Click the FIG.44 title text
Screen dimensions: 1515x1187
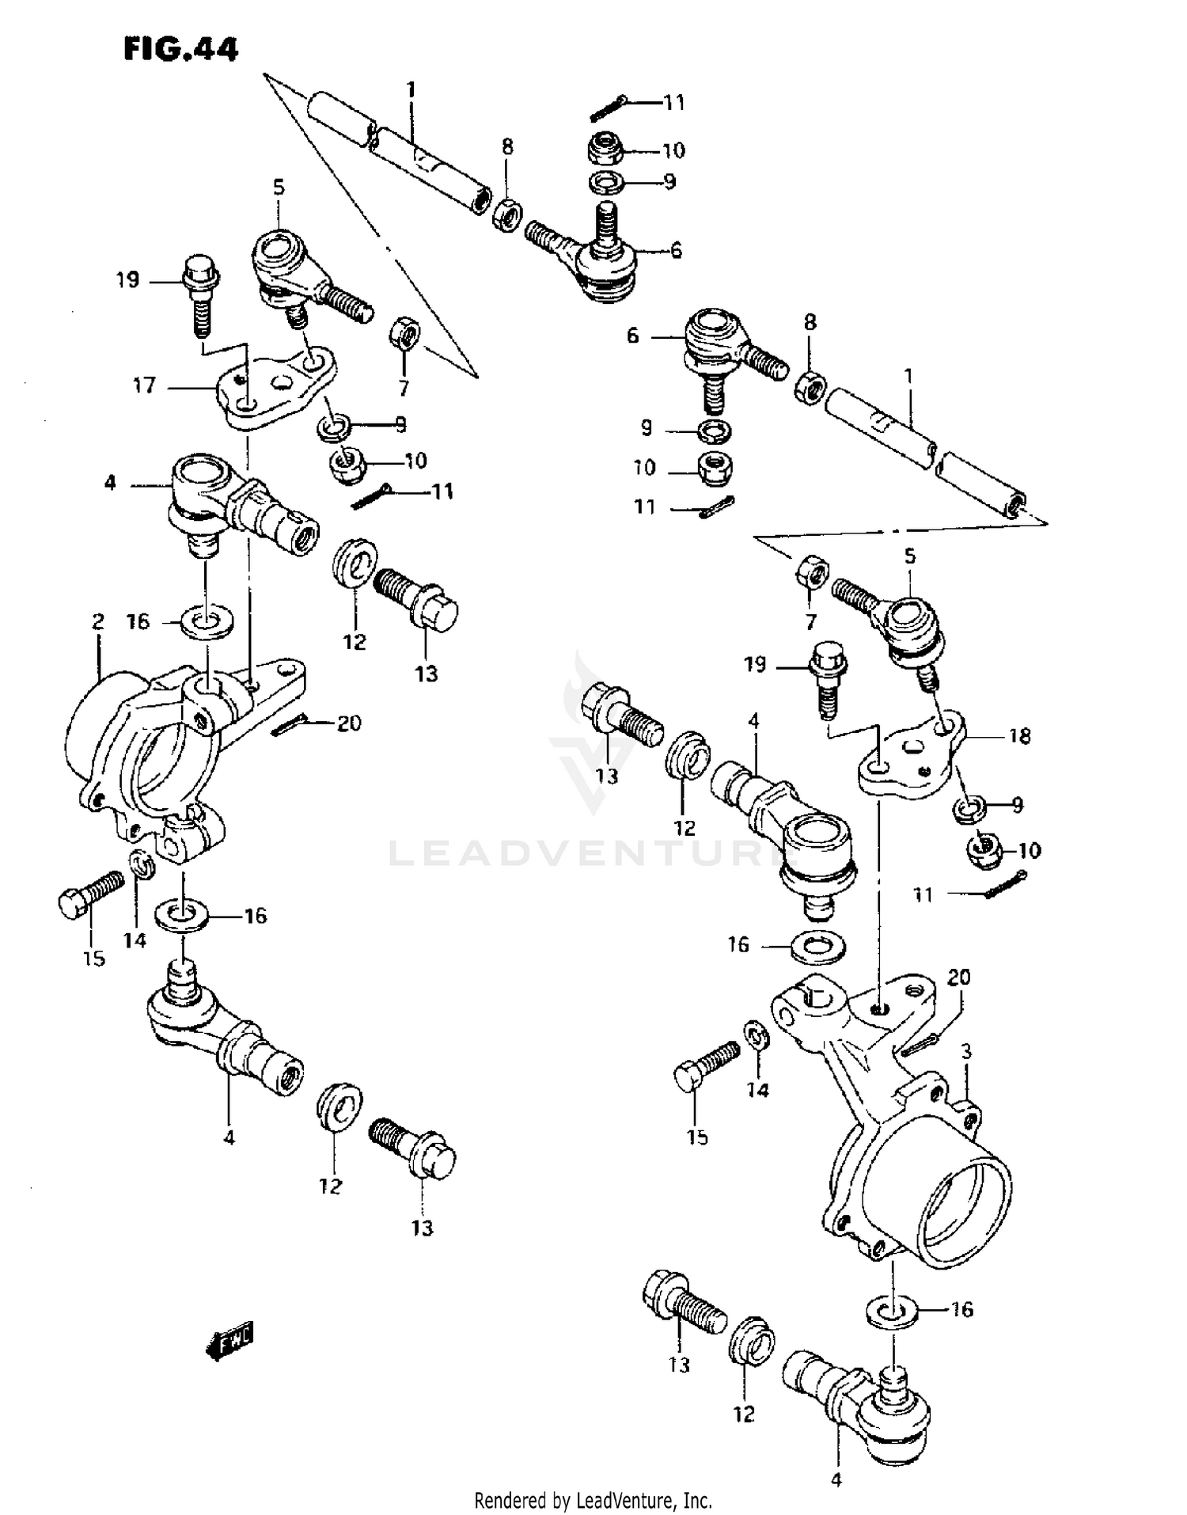180,49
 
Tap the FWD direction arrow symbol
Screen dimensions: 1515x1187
229,1338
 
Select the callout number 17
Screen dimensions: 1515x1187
144,386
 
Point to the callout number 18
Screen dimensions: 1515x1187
1019,736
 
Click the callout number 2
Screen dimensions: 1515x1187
97,621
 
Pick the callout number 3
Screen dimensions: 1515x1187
965,1051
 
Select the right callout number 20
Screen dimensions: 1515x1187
958,978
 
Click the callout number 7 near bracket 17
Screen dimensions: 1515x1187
404,388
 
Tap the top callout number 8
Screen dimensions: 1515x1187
507,146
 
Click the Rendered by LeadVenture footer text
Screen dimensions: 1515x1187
593,1500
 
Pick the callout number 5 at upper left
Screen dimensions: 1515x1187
279,188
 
